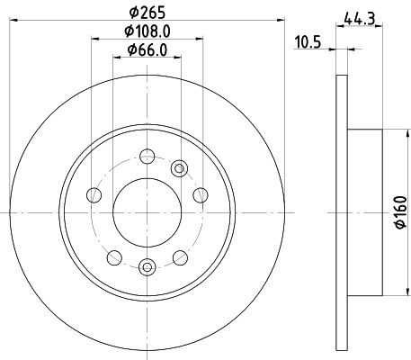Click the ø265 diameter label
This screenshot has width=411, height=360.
click(147, 12)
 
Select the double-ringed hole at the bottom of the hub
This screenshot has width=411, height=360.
click(147, 265)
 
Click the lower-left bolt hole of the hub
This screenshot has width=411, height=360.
click(112, 258)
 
